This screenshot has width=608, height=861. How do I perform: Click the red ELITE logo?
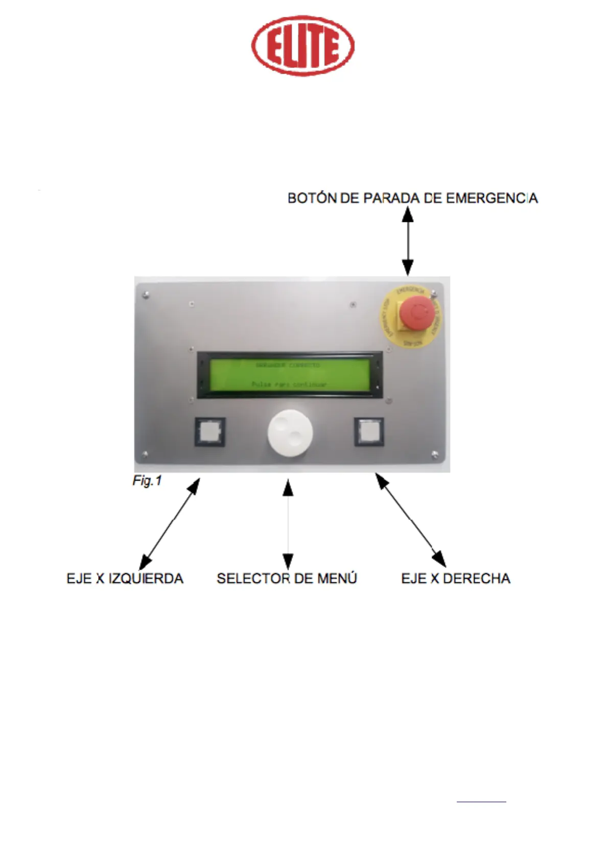302,46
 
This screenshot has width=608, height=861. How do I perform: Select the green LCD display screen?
290,375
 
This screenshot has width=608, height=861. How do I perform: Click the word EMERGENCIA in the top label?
492,198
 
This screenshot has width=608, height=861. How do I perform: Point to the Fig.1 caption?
147,481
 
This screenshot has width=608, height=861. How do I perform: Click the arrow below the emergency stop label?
407,241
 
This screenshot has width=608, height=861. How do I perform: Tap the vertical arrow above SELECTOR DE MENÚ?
288,524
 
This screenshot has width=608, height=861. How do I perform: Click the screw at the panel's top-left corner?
146,294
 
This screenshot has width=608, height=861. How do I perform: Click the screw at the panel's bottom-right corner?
435,455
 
